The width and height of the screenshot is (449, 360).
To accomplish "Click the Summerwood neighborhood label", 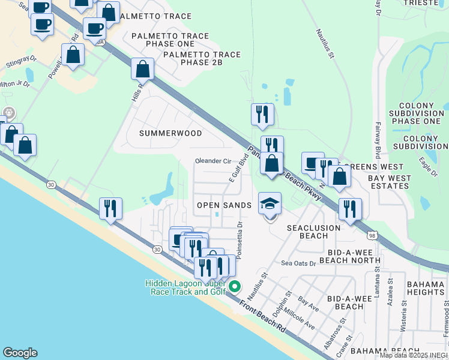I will click(170, 132).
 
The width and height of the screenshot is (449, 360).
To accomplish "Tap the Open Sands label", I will click(224, 205).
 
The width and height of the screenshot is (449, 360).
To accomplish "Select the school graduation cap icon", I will click(270, 203).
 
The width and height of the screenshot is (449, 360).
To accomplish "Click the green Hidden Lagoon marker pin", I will click(235, 287).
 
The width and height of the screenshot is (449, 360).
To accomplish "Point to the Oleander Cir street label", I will click(213, 161).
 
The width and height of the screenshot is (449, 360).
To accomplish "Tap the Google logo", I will click(20, 353).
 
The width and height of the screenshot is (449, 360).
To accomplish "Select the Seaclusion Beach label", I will click(313, 232).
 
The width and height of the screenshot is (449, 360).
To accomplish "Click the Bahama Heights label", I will click(424, 287).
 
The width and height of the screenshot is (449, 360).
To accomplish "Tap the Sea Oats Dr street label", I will click(298, 263).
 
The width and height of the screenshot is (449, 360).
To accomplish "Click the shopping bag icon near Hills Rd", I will click(143, 68).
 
